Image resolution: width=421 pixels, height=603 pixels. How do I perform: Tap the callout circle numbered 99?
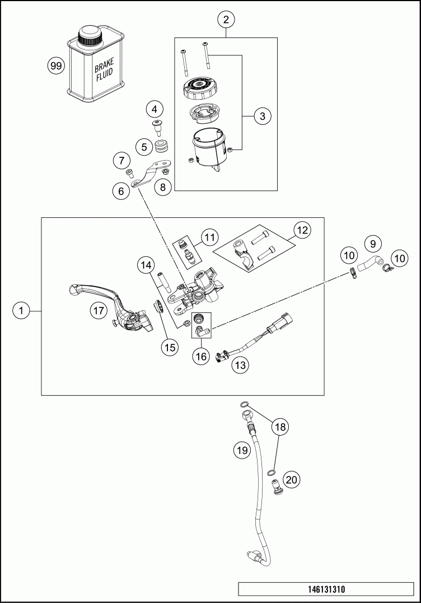pyautogui.click(x=55, y=66)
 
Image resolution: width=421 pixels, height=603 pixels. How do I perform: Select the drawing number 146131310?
pyautogui.click(x=326, y=590)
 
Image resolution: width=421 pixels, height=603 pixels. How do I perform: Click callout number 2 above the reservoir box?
pyautogui.click(x=226, y=20)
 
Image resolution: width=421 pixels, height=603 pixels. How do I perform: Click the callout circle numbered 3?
pyautogui.click(x=261, y=116)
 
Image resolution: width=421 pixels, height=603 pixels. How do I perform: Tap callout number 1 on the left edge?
pyautogui.click(x=21, y=310)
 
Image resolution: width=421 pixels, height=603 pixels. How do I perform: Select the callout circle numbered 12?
pyautogui.click(x=302, y=230)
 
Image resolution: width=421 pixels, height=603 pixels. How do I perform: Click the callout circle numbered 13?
pyautogui.click(x=240, y=365)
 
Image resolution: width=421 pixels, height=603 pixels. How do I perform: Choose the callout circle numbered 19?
pyautogui.click(x=241, y=449)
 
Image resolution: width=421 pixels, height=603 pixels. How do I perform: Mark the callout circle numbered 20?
pyautogui.click(x=291, y=479)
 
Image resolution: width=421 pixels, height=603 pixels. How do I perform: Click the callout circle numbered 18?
pyautogui.click(x=280, y=427)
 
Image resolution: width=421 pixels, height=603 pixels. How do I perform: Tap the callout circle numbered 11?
pyautogui.click(x=209, y=237)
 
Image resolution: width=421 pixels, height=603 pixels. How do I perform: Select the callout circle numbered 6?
pyautogui.click(x=120, y=191)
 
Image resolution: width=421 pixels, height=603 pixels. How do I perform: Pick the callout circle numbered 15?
pyautogui.click(x=169, y=347)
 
